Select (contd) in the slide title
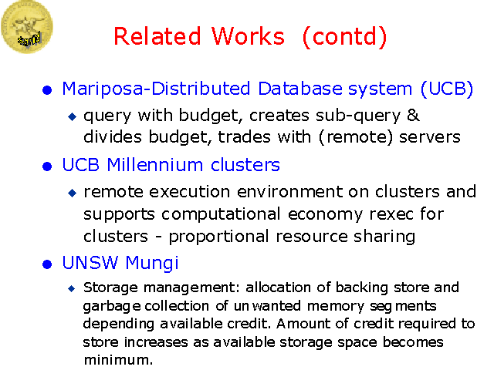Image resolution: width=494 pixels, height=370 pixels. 344,36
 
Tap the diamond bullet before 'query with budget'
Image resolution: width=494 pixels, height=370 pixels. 73,116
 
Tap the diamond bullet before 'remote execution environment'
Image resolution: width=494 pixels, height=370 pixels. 73,192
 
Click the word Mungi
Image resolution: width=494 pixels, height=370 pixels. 151,264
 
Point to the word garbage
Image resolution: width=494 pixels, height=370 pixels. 107,306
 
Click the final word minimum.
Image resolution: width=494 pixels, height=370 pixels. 117,359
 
